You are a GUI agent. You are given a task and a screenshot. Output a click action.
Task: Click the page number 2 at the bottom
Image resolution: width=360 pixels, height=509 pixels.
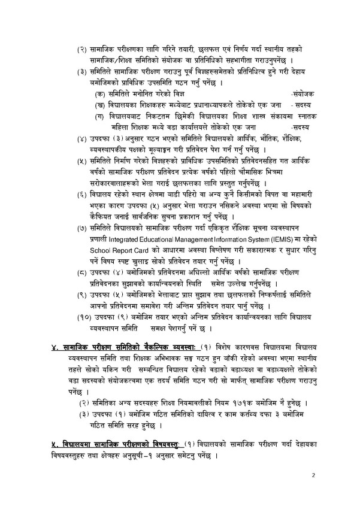[313, 475]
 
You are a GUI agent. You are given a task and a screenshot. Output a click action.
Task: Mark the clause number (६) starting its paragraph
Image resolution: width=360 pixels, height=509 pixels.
[81, 196]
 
